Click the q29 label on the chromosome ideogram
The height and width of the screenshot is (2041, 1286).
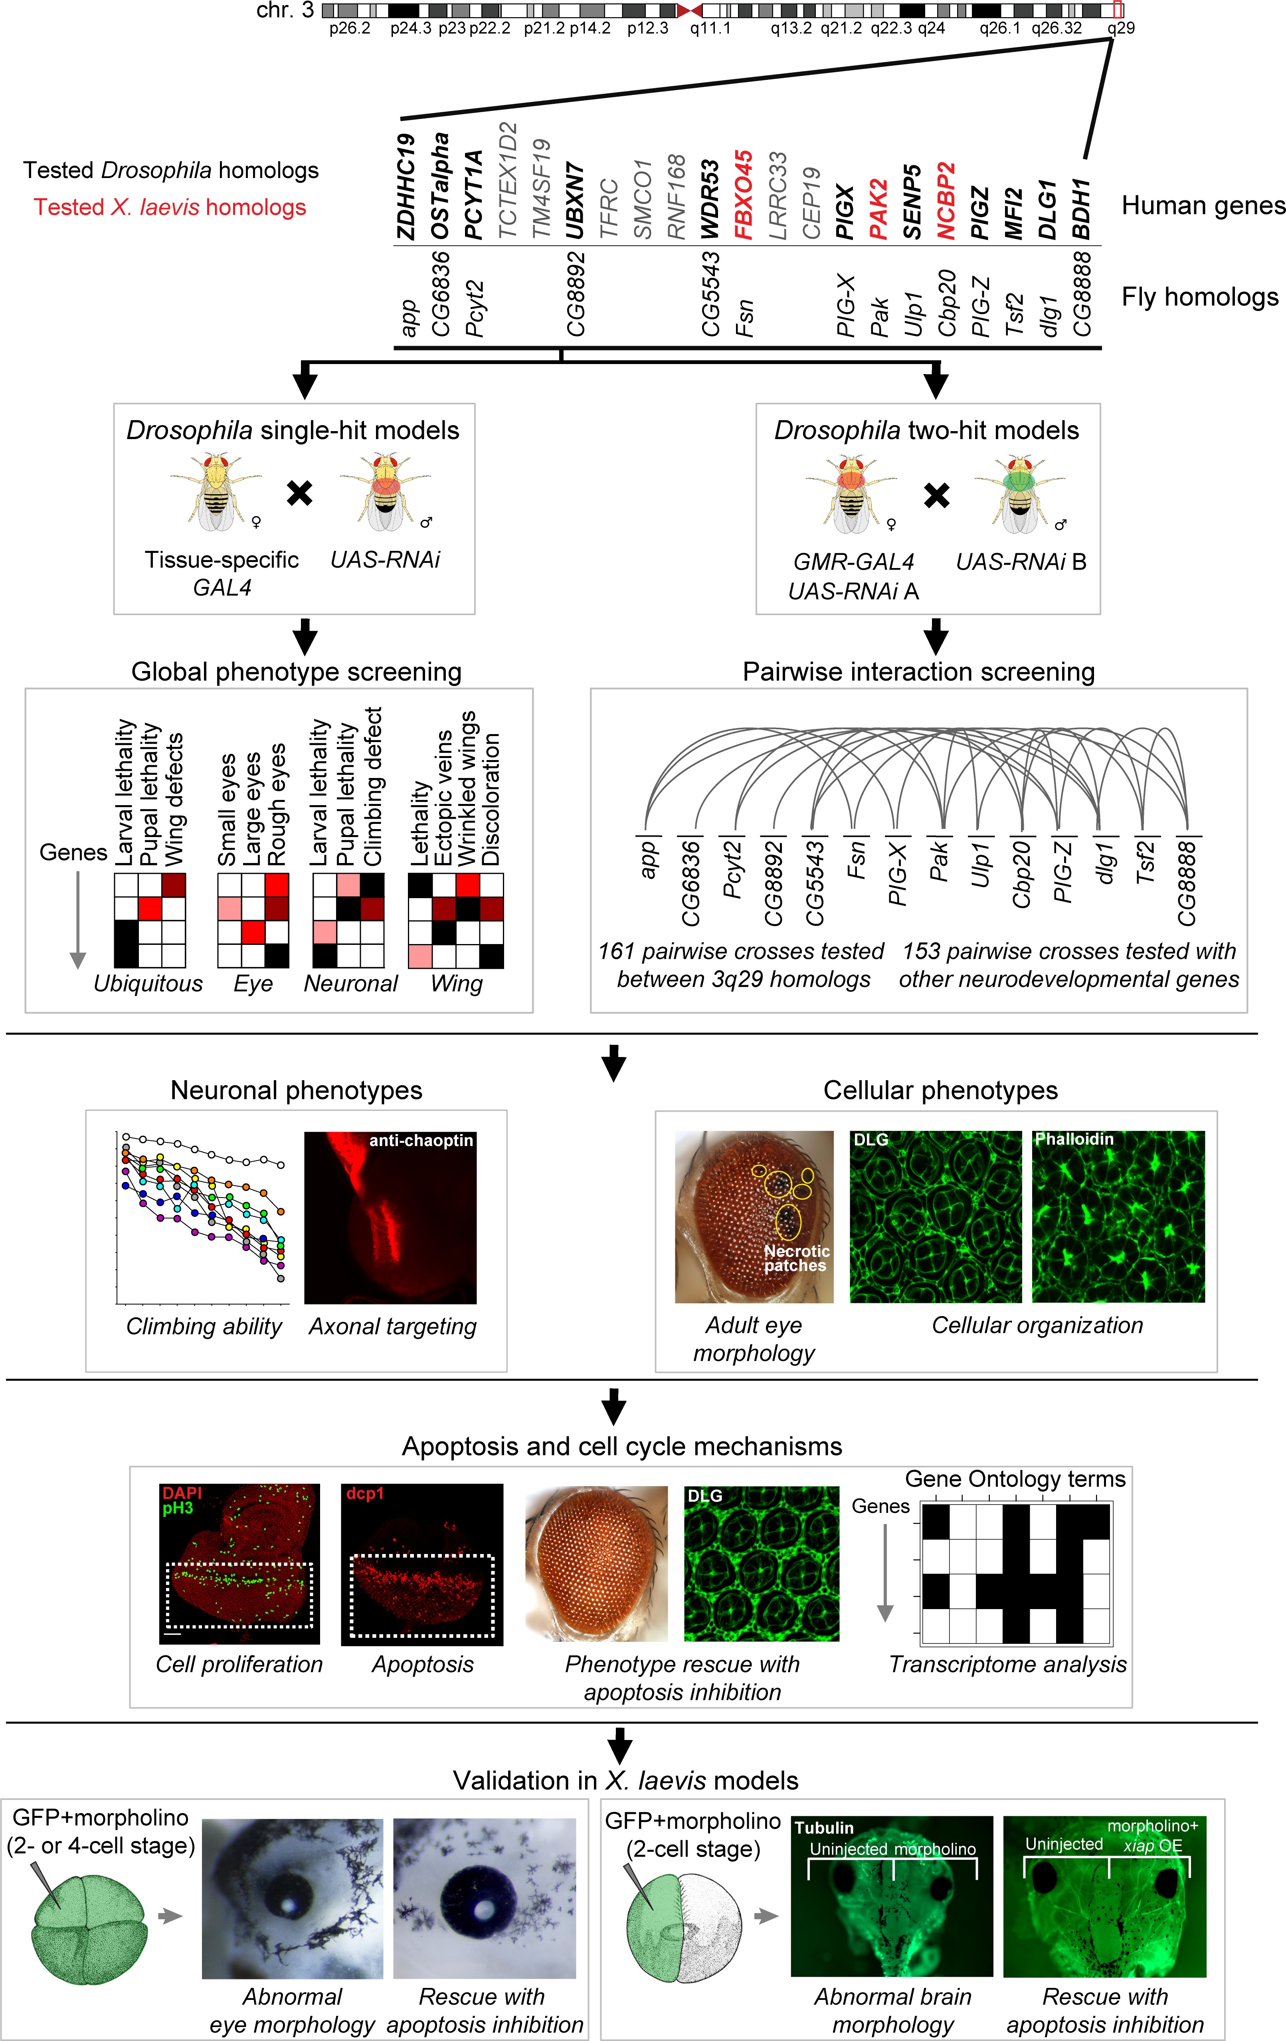coord(1121,28)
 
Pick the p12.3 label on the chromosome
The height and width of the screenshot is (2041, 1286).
coord(648,28)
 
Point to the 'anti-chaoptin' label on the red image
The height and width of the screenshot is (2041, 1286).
coord(420,1141)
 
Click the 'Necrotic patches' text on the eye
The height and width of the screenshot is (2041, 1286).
coord(796,1258)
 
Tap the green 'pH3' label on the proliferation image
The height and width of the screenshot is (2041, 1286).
coord(178,1508)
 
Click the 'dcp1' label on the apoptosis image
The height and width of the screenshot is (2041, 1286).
coord(364,1493)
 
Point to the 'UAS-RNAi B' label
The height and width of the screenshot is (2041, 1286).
coord(1021,562)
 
